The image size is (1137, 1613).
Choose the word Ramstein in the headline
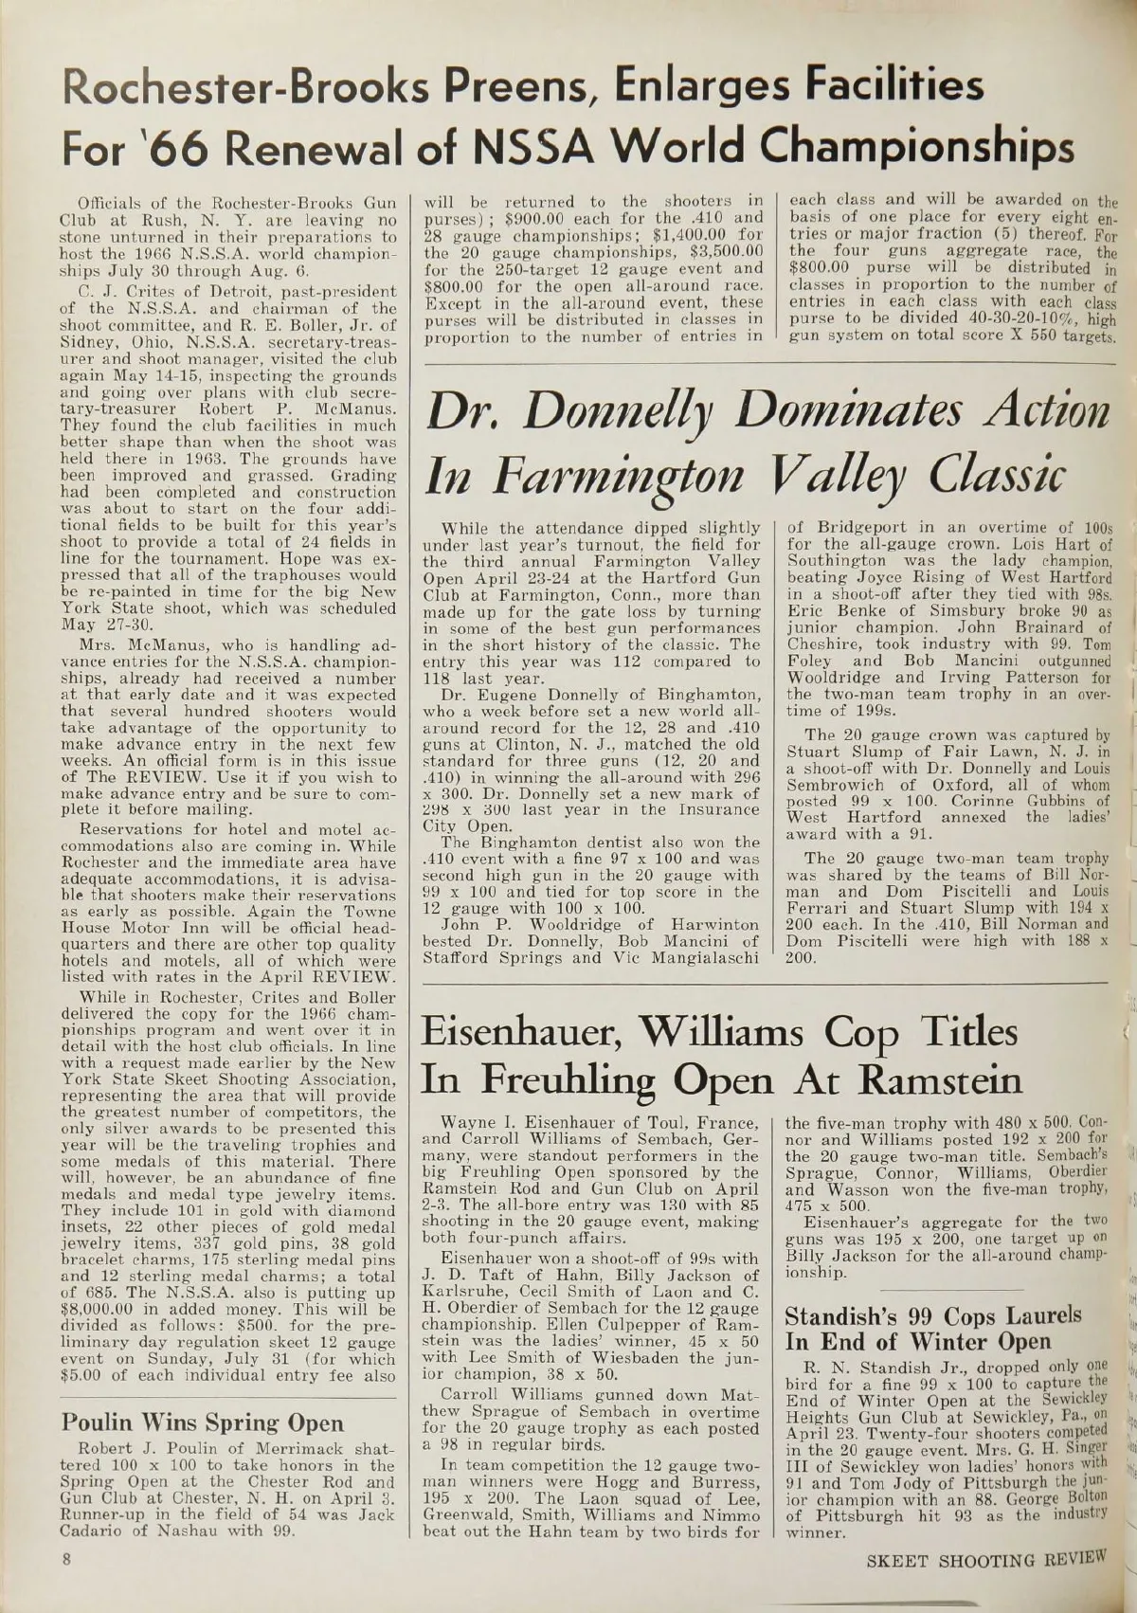[926, 1080]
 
